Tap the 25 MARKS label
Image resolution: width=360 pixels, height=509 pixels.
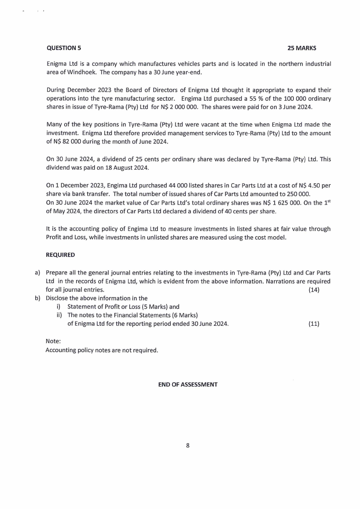pyautogui.click(x=302, y=48)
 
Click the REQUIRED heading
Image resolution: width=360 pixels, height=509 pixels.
pyautogui.click(x=60, y=254)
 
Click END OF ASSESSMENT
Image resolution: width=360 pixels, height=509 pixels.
pyautogui.click(x=188, y=384)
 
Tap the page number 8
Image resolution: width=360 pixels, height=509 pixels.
pyautogui.click(x=188, y=445)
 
